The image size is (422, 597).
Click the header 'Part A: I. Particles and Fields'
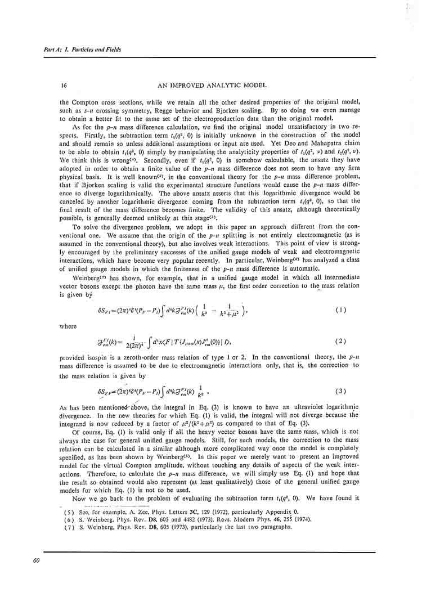[x=82, y=50]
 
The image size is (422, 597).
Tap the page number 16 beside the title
[x=65, y=86]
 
